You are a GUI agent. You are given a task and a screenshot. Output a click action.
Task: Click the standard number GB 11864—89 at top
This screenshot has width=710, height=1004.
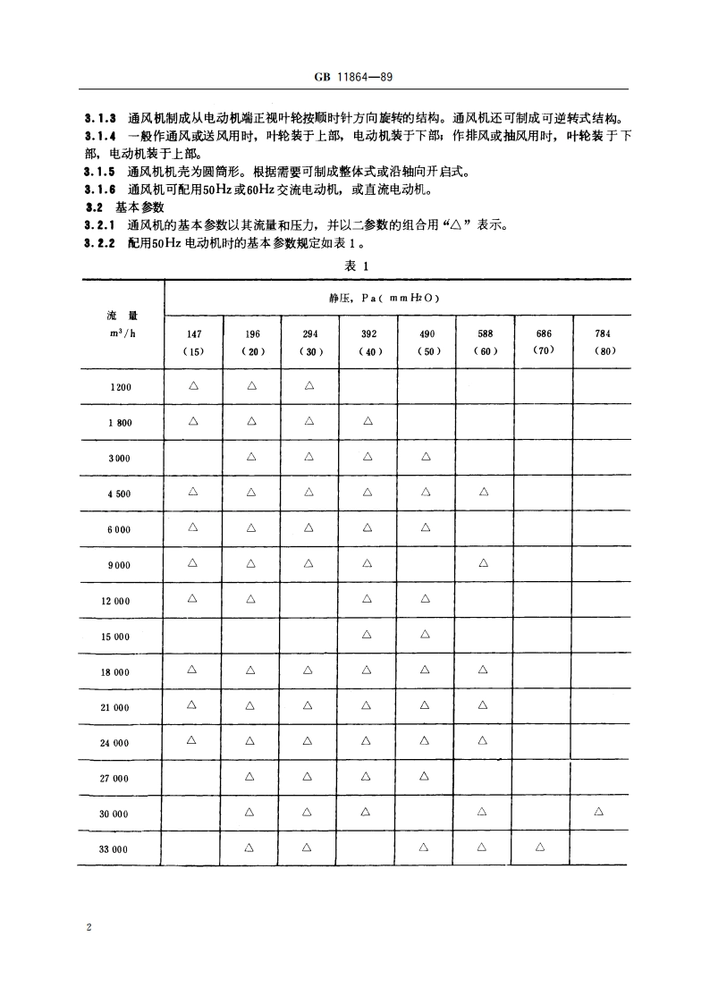(x=355, y=78)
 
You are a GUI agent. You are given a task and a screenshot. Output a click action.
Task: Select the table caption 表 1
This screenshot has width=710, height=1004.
(x=356, y=266)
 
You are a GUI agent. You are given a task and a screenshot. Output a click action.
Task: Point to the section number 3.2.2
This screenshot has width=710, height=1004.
(x=100, y=242)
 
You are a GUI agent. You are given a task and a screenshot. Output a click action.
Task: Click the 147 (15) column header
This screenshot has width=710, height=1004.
(x=193, y=342)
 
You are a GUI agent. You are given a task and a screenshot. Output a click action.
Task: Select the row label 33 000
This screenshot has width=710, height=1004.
(x=114, y=848)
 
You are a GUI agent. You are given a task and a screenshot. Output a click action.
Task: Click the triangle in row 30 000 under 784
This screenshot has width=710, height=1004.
(x=598, y=811)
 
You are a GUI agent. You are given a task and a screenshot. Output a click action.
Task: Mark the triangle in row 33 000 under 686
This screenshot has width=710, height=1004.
(x=540, y=847)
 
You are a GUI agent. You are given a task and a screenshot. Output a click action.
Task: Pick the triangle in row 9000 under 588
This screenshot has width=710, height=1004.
(x=483, y=563)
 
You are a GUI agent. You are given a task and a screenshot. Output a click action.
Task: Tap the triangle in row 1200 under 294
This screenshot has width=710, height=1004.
(x=309, y=386)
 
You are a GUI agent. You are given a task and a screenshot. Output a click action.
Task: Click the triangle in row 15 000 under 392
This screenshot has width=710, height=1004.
(x=368, y=635)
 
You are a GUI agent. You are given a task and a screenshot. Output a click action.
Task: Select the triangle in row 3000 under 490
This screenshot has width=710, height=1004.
(x=426, y=457)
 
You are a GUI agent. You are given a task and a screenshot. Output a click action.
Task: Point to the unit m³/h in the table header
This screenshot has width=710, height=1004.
(x=120, y=334)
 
